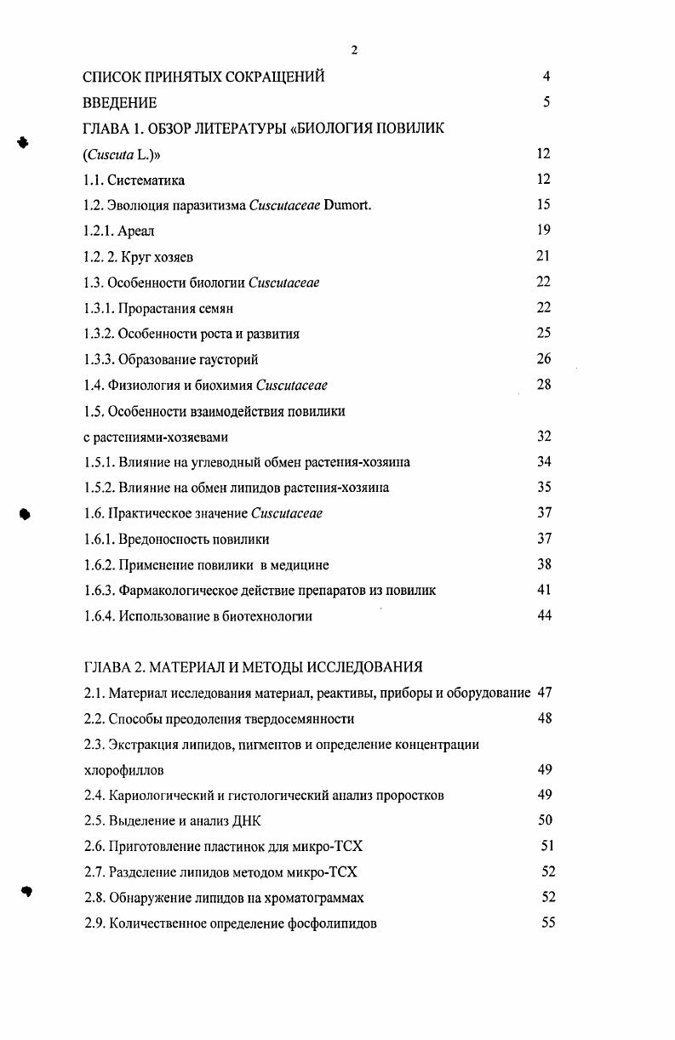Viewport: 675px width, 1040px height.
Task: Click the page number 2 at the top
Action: point(354,50)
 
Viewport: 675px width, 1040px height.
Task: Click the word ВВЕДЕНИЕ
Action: point(119,103)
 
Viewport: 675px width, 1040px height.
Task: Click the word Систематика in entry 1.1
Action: point(147,180)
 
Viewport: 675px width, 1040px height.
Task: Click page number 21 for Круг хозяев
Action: point(544,256)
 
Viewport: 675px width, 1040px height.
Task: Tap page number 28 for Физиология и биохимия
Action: point(544,385)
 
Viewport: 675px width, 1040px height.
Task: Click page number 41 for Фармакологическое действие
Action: point(544,590)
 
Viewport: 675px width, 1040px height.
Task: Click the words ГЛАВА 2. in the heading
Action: point(115,666)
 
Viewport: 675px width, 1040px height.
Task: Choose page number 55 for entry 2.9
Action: point(548,923)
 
